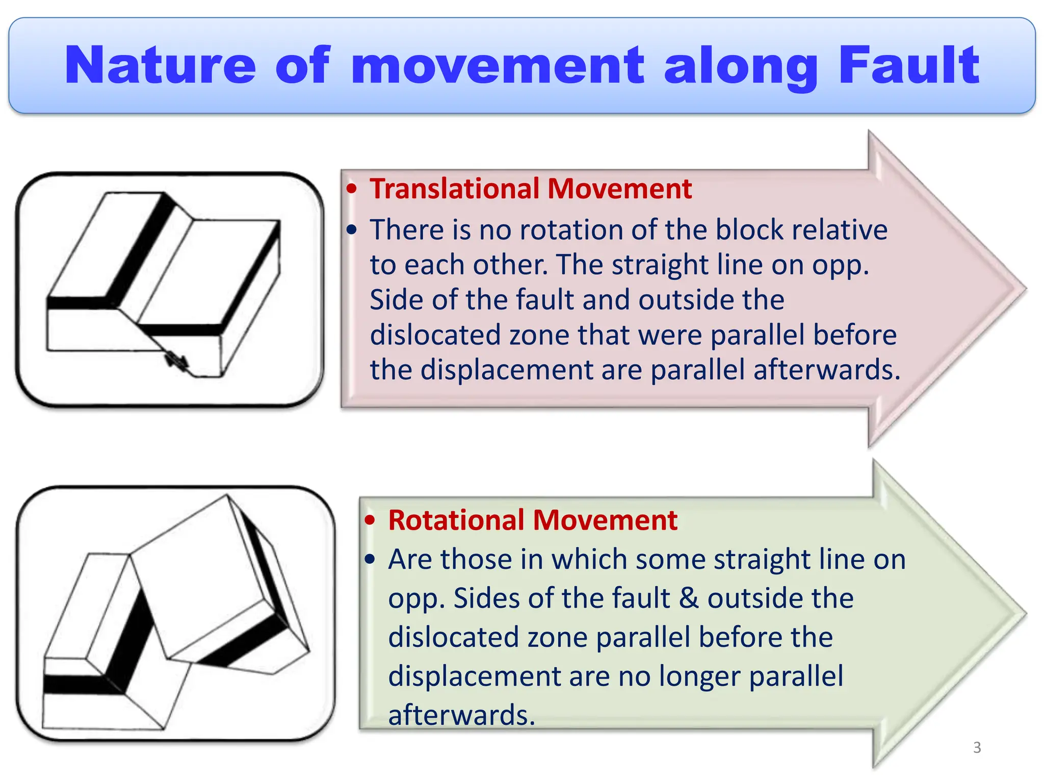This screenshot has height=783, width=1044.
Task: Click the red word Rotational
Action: (x=456, y=520)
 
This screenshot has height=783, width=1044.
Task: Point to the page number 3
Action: (x=977, y=747)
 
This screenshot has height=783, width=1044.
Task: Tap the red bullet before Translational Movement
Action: (x=351, y=189)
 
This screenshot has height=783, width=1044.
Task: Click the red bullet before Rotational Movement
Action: (x=370, y=520)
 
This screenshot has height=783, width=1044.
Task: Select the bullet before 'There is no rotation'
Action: (x=351, y=230)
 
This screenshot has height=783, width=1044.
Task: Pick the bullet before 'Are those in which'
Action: (x=370, y=560)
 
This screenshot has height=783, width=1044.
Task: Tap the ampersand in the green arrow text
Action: (x=688, y=598)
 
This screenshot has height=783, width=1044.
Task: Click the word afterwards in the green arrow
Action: (x=461, y=715)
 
